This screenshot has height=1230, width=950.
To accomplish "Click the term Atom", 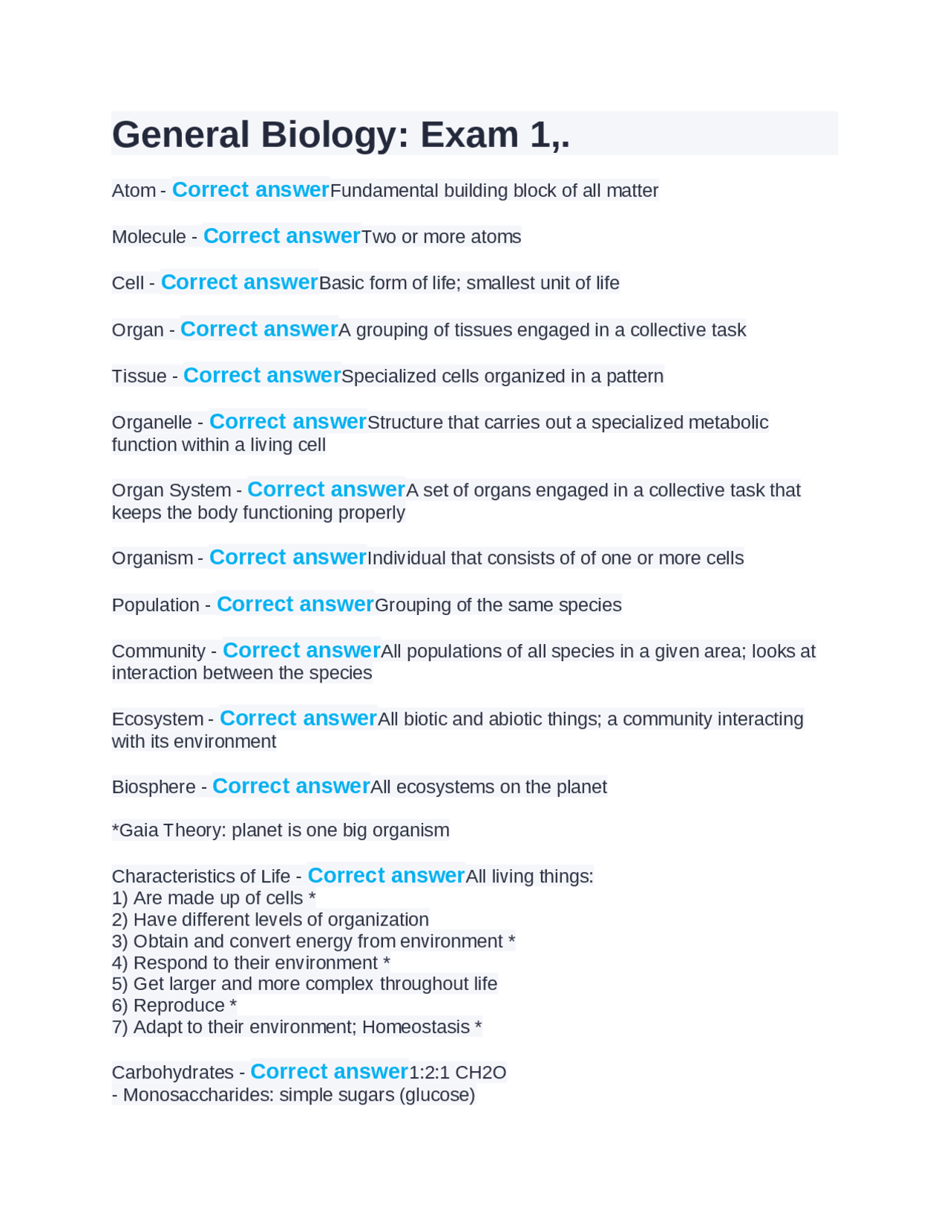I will (134, 191).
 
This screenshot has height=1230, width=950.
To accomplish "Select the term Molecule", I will (148, 237).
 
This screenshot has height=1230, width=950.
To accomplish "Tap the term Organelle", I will (151, 423).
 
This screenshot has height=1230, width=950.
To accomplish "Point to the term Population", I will (155, 605).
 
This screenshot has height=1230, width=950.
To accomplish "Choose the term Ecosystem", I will (157, 720).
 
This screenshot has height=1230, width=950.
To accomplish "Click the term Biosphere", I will (154, 787).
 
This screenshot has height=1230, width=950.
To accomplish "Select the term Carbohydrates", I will (172, 1073).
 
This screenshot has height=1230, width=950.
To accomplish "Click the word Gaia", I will (139, 830).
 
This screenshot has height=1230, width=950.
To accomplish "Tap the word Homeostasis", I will (416, 1027).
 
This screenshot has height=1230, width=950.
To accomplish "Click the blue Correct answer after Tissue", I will (262, 376).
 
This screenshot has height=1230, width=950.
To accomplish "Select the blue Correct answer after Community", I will (301, 651).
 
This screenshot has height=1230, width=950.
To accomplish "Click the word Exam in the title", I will (469, 135).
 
